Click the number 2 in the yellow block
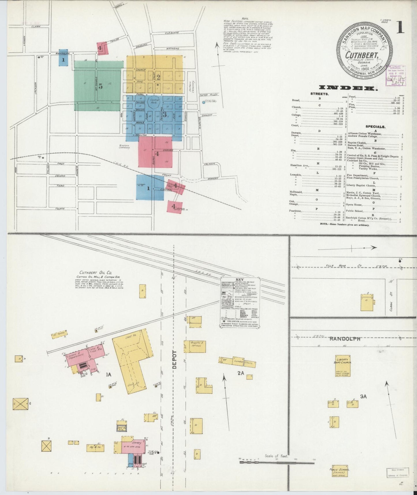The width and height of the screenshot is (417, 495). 158,77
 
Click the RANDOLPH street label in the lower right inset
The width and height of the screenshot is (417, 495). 345,339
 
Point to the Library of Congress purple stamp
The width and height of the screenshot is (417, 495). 395,75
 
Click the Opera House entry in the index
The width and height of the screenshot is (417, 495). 354,205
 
